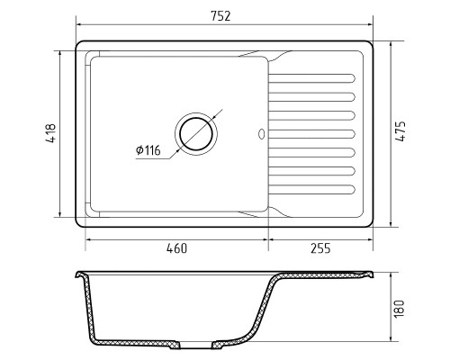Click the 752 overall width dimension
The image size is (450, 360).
point(220,16)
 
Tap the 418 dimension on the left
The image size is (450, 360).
point(51,133)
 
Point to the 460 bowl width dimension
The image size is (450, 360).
point(177,248)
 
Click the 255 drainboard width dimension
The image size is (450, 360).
point(320,248)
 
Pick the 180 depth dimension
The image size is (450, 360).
point(400,309)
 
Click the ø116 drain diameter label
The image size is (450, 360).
point(148,150)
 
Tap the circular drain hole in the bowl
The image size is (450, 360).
point(196,134)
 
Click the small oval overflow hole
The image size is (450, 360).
point(261,134)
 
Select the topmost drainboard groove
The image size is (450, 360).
point(311,78)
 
